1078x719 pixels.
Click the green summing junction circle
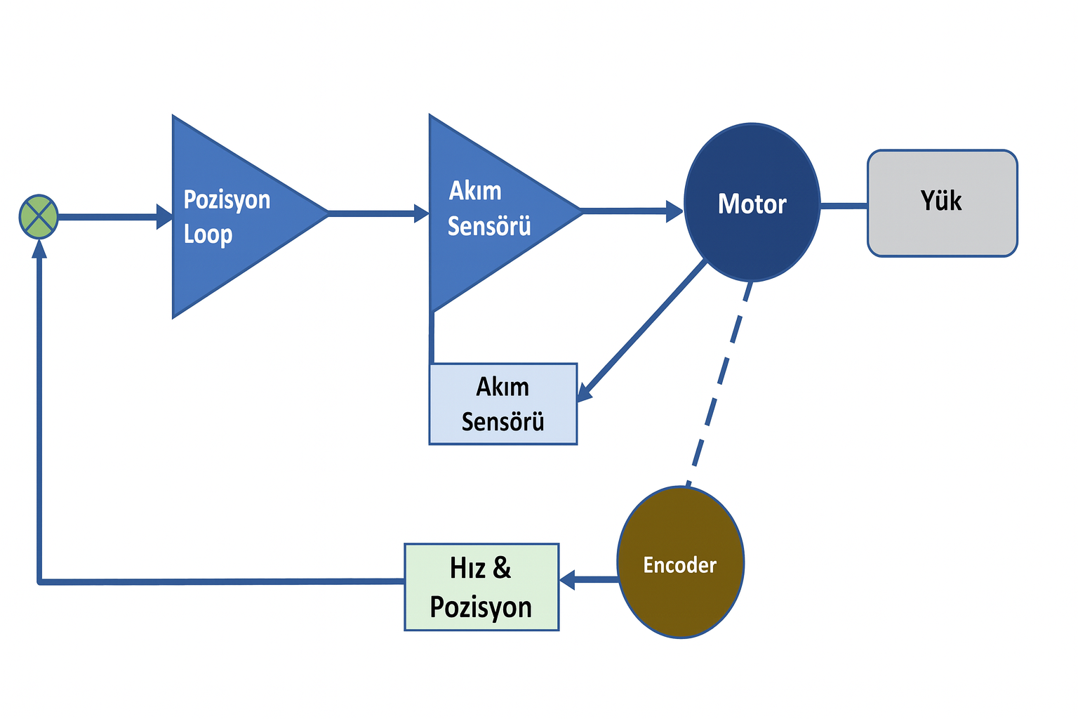pyautogui.click(x=38, y=216)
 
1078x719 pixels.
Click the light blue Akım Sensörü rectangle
pyautogui.click(x=503, y=404)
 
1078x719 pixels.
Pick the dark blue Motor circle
pyautogui.click(x=752, y=203)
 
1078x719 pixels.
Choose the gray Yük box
pyautogui.click(x=942, y=203)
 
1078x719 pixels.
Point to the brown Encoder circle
pyautogui.click(x=680, y=562)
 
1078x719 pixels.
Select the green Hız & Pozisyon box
pyautogui.click(x=481, y=587)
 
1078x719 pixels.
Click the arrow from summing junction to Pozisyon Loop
pyautogui.click(x=112, y=216)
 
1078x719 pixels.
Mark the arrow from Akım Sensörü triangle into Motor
pyautogui.click(x=632, y=210)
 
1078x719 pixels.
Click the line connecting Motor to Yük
pyautogui.click(x=844, y=206)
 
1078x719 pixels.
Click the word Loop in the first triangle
pyautogui.click(x=208, y=235)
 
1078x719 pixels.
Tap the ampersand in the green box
pyautogui.click(x=502, y=568)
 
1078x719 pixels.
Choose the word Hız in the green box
pyautogui.click(x=469, y=568)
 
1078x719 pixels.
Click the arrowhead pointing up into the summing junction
pyautogui.click(x=39, y=247)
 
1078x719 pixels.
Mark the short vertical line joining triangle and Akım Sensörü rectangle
pyautogui.click(x=432, y=338)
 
